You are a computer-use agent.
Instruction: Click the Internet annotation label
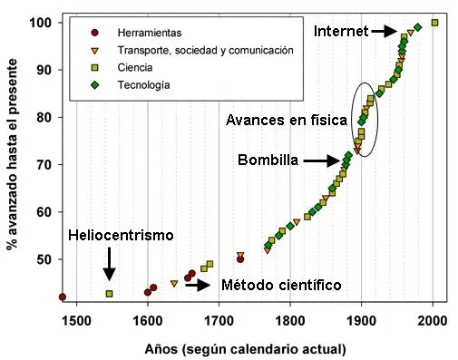340,31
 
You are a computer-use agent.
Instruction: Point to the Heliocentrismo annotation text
121,236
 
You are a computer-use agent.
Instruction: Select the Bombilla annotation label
268,161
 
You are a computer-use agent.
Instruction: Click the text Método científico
281,285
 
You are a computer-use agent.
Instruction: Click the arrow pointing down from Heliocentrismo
109,266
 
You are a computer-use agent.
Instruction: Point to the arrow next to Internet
385,31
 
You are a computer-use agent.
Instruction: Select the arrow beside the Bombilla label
321,161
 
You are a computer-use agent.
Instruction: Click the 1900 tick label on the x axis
361,320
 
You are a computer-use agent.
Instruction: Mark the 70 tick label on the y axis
44,164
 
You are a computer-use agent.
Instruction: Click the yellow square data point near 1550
109,294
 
